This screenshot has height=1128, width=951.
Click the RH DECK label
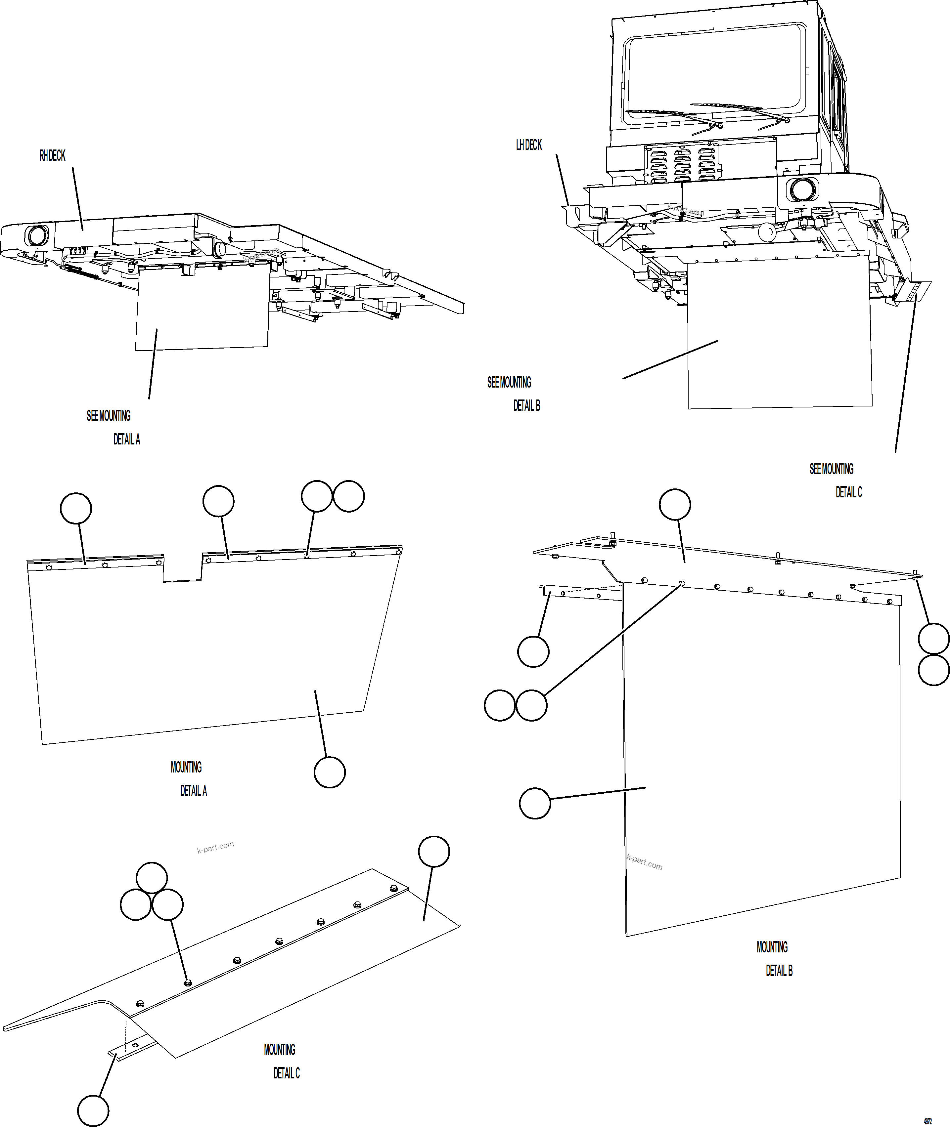click(52, 156)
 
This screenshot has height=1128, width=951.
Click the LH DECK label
click(529, 145)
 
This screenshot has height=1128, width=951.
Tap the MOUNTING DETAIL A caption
click(189, 778)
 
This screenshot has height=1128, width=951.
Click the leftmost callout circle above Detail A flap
click(76, 508)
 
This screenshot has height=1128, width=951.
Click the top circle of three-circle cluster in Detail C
click(152, 878)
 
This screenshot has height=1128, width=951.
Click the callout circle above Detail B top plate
click(675, 505)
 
